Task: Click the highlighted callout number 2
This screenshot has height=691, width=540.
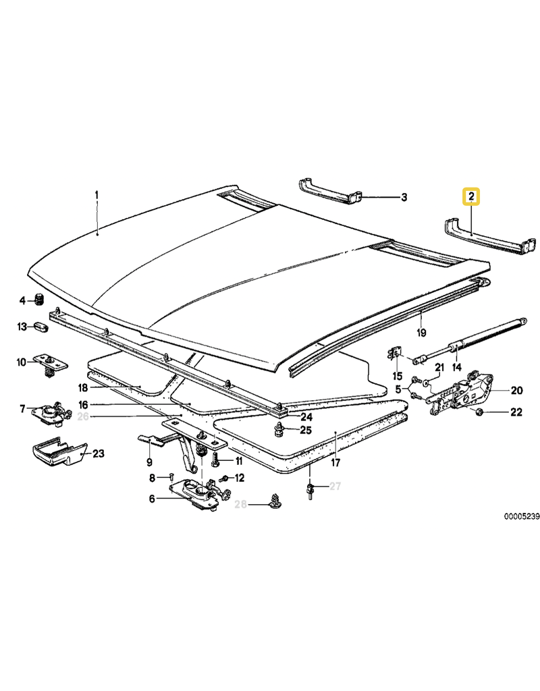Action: [x=470, y=196]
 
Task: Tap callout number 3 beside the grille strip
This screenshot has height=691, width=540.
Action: [x=404, y=198]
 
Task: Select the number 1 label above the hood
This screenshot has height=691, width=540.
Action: [x=97, y=195]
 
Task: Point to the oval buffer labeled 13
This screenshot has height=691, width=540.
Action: [x=42, y=327]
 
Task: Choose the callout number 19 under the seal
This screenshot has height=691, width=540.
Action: [x=421, y=332]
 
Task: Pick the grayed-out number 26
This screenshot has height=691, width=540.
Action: [x=83, y=416]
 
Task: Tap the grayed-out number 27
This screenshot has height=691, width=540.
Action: [x=335, y=486]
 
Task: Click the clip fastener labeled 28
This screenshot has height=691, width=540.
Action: [x=276, y=501]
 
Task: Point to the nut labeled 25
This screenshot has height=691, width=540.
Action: [x=279, y=429]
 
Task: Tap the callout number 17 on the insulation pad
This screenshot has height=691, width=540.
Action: [x=336, y=462]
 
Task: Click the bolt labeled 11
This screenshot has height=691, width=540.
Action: [x=216, y=460]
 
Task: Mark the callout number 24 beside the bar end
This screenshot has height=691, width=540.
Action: [x=306, y=417]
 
